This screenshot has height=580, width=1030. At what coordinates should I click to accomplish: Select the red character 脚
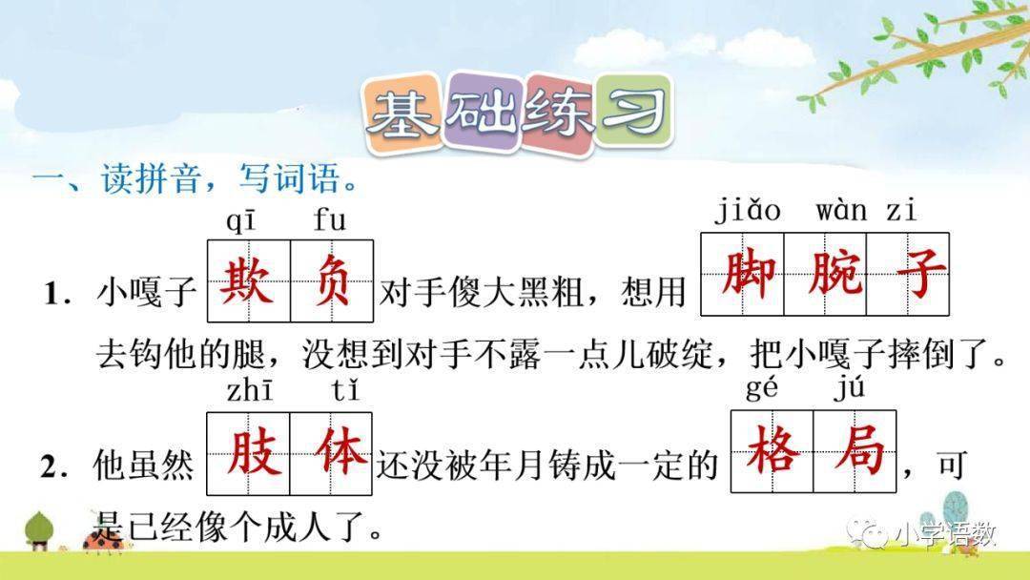point(742,274)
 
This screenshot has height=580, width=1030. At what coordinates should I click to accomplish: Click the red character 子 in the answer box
point(908,274)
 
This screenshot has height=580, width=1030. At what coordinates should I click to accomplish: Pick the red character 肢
point(248,452)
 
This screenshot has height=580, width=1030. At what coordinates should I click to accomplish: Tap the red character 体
point(330,452)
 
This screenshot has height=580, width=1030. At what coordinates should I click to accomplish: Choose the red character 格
point(772,450)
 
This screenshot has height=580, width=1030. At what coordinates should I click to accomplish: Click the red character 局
point(855,450)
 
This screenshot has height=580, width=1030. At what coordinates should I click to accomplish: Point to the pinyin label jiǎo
point(748,210)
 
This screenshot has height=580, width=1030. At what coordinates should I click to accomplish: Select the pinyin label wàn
point(841,210)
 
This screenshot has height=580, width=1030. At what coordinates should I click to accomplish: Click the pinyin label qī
point(240,222)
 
